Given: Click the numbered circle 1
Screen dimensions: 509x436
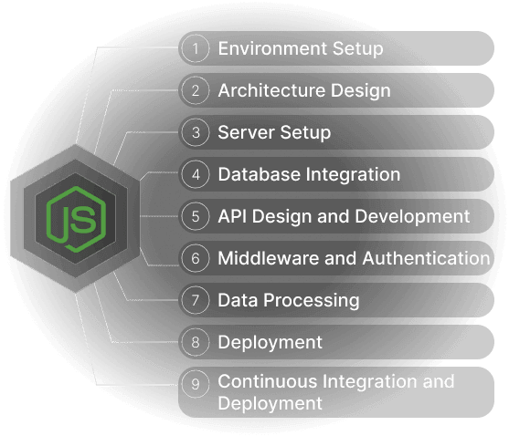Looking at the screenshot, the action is pyautogui.click(x=195, y=48).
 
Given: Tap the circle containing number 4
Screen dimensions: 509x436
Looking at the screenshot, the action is pyautogui.click(x=195, y=174).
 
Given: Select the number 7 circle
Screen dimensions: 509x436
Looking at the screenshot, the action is pyautogui.click(x=195, y=300).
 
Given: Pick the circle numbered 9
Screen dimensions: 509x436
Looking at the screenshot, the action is pyautogui.click(x=195, y=384).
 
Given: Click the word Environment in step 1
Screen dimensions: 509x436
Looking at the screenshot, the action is pyautogui.click(x=272, y=48).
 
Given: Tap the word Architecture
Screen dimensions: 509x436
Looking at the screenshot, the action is pyautogui.click(x=271, y=90).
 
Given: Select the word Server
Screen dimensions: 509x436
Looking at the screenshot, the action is pyautogui.click(x=247, y=132).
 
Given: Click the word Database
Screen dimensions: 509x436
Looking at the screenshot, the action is pyautogui.click(x=260, y=174).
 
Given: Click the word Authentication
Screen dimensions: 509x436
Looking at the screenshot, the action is pyautogui.click(x=426, y=258).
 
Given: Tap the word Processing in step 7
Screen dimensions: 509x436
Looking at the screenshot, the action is pyautogui.click(x=312, y=301).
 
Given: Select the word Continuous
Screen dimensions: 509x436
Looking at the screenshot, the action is pyautogui.click(x=268, y=381).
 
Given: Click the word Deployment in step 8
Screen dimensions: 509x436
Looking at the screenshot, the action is pyautogui.click(x=270, y=343).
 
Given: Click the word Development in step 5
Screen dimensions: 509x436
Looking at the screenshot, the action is pyautogui.click(x=412, y=217).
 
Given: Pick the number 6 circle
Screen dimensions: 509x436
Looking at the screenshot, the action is pyautogui.click(x=195, y=258).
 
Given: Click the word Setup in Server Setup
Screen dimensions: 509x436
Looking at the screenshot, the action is pyautogui.click(x=305, y=133).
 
